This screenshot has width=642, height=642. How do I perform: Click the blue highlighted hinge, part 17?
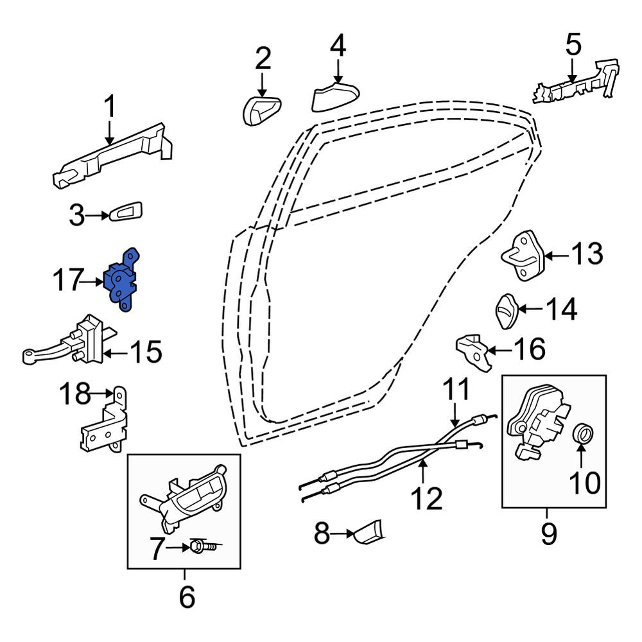point(121,280)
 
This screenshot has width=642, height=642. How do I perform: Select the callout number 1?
point(109,107)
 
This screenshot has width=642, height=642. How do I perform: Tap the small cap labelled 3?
point(126,211)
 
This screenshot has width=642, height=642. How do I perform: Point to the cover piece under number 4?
point(335,97)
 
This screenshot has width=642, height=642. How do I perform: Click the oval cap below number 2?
point(262,110)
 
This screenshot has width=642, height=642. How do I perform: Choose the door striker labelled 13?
point(523,255)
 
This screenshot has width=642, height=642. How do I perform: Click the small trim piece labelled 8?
point(367,532)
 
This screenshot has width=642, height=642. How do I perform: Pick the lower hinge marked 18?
point(105,420)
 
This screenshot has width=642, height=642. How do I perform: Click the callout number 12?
point(426,498)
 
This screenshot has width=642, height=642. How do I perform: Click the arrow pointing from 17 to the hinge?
point(91,282)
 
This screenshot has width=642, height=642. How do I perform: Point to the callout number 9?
point(549,533)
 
